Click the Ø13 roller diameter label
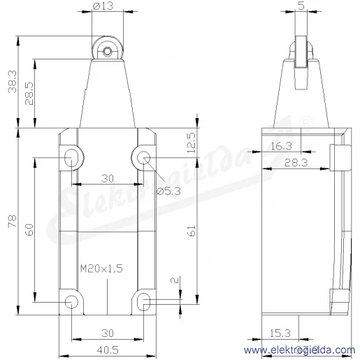tap(103, 6)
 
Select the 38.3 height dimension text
tap(12, 82)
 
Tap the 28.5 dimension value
tap(29, 94)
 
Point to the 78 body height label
tap(12, 222)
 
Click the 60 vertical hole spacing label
tap(29, 230)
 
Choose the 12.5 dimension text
tap(192, 143)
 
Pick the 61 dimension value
tap(192, 231)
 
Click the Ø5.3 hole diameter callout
tap(168, 192)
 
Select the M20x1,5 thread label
tap(101, 268)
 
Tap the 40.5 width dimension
tap(108, 350)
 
